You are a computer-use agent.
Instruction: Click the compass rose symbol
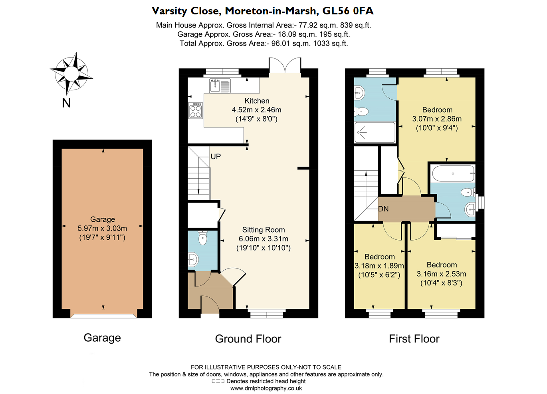(x=71, y=74)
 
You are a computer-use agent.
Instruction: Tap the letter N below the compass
(x=66, y=103)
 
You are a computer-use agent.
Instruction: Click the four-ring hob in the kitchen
(x=196, y=111)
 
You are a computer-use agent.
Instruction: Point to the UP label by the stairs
(x=216, y=157)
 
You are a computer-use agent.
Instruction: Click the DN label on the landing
(x=383, y=209)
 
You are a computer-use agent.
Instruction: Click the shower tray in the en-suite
(x=375, y=132)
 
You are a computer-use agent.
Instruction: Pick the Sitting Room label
(x=264, y=230)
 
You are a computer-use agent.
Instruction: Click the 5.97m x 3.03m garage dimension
(x=102, y=229)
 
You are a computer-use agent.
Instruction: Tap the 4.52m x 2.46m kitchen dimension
(x=256, y=110)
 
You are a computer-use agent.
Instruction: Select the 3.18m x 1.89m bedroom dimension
(x=379, y=266)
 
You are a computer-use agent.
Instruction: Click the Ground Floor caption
(x=248, y=339)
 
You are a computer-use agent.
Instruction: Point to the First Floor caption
(x=414, y=339)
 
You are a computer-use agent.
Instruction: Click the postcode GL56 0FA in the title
(x=348, y=11)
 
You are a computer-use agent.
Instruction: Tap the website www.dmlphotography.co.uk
(x=266, y=388)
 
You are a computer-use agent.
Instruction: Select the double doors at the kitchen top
(x=285, y=66)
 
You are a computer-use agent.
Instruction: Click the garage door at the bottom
(x=103, y=316)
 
